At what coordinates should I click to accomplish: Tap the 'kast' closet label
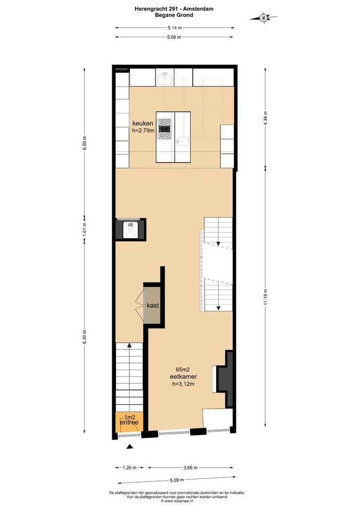(153, 305)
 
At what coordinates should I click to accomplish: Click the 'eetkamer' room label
(183, 377)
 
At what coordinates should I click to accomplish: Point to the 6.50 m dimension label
(85, 142)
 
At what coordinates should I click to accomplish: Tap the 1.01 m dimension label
(85, 228)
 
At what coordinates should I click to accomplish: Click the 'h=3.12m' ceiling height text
(183, 384)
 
